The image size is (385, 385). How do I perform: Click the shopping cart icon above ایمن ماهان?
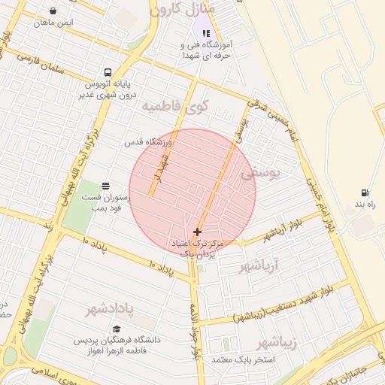tap(53, 11)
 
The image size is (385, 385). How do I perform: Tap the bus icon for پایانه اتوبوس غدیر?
tap(108, 73)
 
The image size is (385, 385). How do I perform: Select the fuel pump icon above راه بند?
tap(365, 193)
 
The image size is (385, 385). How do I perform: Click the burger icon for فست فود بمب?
tap(105, 186)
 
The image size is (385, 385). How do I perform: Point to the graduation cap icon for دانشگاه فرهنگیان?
tap(116, 329)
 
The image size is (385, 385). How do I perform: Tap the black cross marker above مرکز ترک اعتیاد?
tap(197, 232)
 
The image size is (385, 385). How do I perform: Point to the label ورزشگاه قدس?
tap(148, 142)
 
